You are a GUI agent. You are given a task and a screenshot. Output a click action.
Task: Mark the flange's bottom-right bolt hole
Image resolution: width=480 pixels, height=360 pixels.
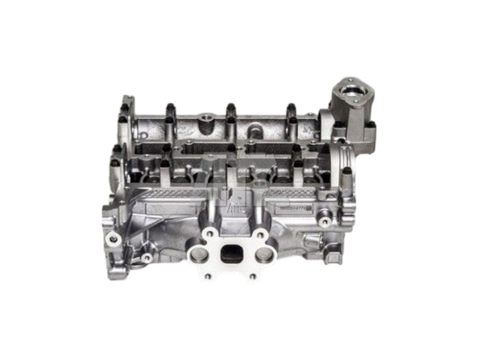coord(254,277)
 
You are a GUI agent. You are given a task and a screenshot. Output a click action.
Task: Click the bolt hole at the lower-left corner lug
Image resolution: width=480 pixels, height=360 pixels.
coord(112,240)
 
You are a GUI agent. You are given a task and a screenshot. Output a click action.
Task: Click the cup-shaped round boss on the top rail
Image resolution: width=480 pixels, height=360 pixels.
coord(204,117)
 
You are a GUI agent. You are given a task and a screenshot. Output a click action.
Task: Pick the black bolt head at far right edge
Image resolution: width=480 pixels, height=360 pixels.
coord(346,171)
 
